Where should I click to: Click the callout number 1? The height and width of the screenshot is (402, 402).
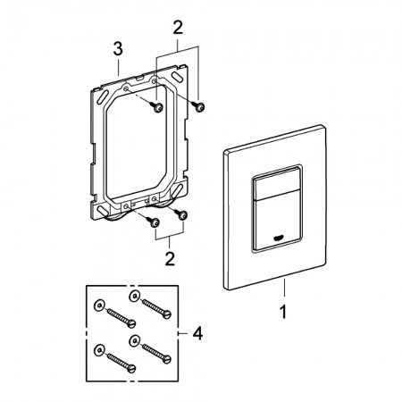(x=283, y=312)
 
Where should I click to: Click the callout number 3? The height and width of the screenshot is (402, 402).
(x=118, y=49)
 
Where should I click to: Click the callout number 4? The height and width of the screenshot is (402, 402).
(x=197, y=333)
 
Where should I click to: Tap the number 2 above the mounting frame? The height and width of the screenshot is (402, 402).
(x=178, y=28)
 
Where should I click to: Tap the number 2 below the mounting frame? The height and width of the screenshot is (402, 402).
(x=170, y=259)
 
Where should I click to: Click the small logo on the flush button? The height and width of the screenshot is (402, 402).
(x=279, y=239)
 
